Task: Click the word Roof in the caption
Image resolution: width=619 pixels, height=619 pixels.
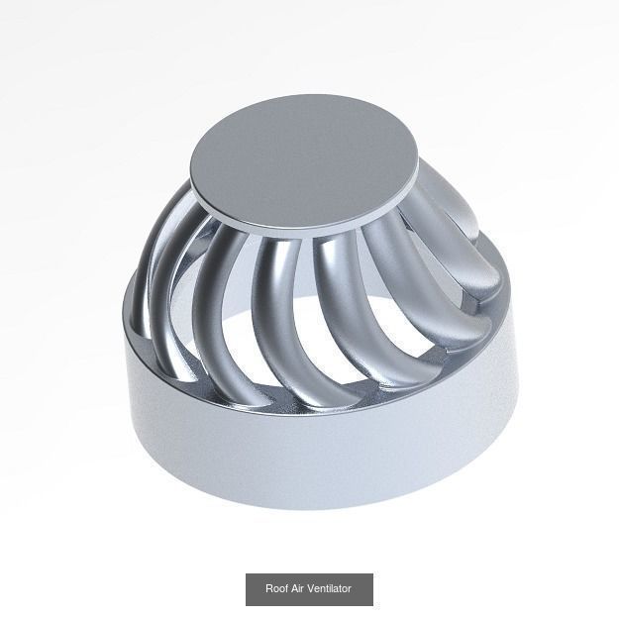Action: [x=275, y=588]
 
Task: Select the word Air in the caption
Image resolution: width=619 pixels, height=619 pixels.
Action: [x=297, y=588]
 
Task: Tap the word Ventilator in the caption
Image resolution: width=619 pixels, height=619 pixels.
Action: [x=330, y=588]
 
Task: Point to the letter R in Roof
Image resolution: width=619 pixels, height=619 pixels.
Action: [x=268, y=588]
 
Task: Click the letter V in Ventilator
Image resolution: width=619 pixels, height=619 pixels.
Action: [x=311, y=588]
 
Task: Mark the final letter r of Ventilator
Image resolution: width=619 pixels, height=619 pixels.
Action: [x=350, y=588]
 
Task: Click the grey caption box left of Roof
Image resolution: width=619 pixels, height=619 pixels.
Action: [x=255, y=588]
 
